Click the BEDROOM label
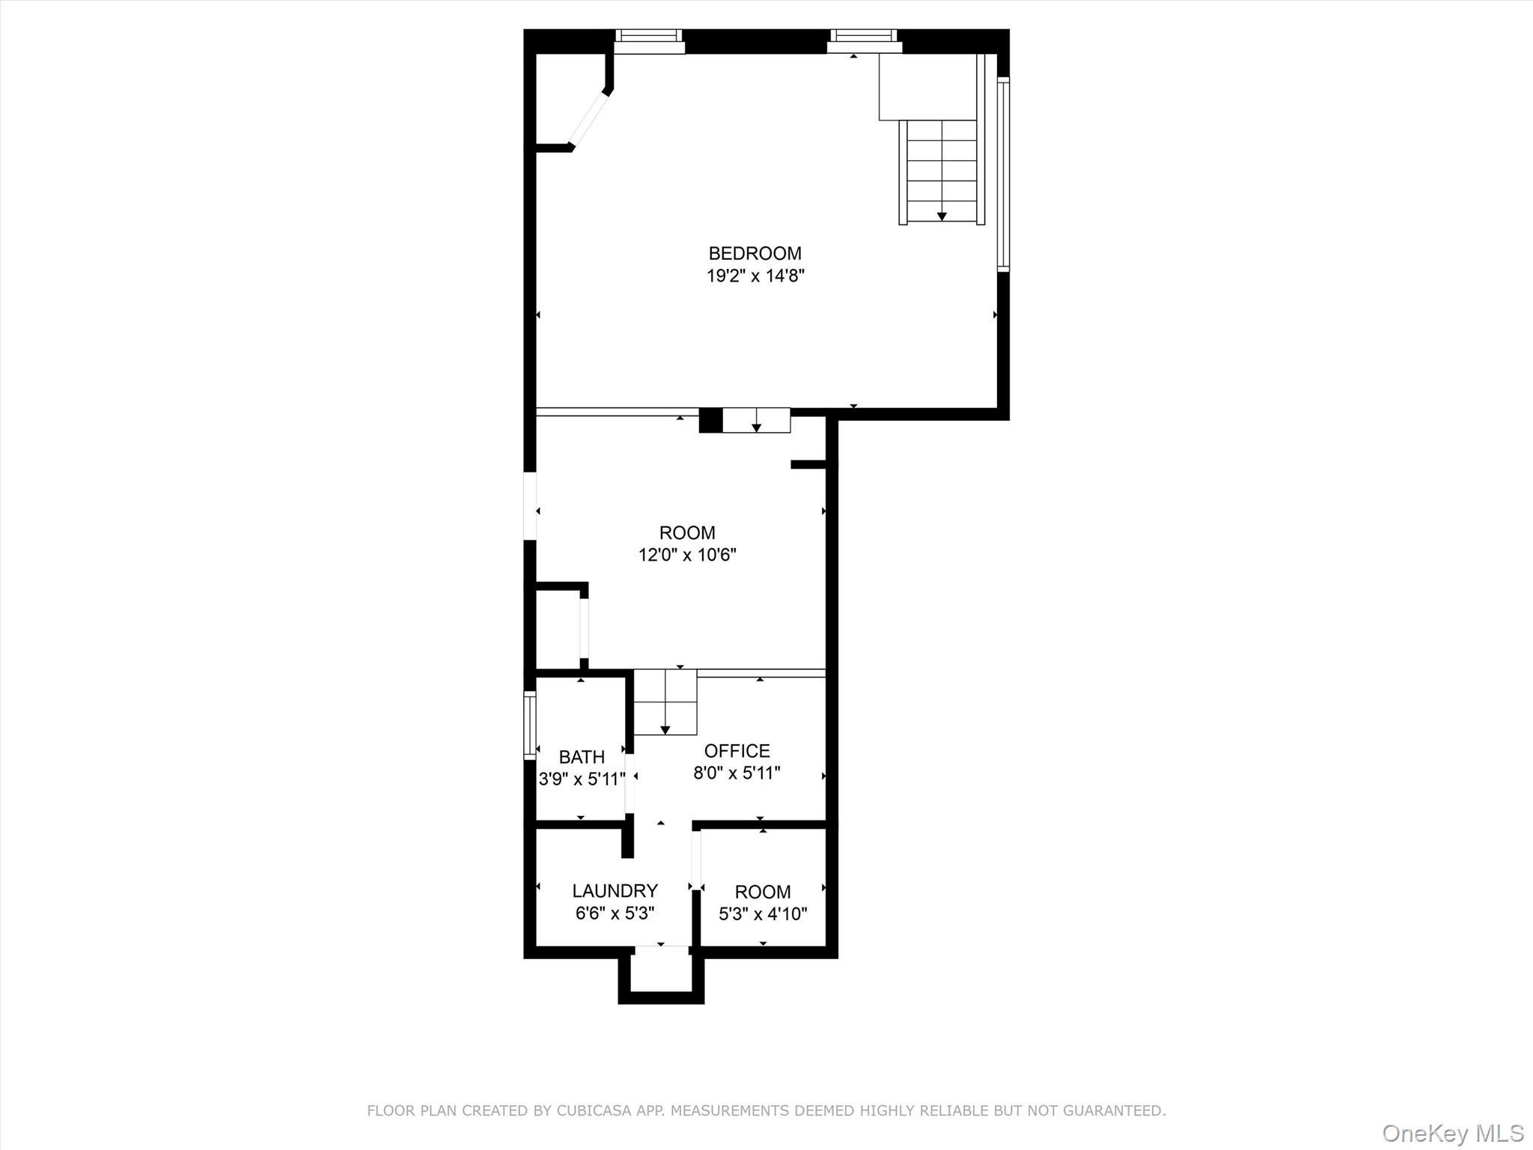(x=755, y=254)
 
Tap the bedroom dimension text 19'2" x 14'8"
(x=755, y=276)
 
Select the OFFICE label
(x=737, y=751)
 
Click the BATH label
(x=582, y=757)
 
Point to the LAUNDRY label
(x=615, y=891)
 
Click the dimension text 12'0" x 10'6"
(x=687, y=556)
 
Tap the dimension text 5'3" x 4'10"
(x=763, y=914)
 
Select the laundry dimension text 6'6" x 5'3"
(x=615, y=913)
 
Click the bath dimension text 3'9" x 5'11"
(x=582, y=779)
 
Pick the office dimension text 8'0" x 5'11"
(x=737, y=773)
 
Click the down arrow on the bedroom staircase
(x=942, y=216)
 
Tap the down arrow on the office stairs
(x=665, y=729)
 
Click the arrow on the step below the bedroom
(x=756, y=427)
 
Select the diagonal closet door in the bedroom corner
(x=589, y=118)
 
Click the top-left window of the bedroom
(x=649, y=41)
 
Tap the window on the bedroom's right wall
(x=1003, y=174)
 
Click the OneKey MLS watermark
(x=1452, y=1133)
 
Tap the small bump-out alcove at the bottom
(x=661, y=973)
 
